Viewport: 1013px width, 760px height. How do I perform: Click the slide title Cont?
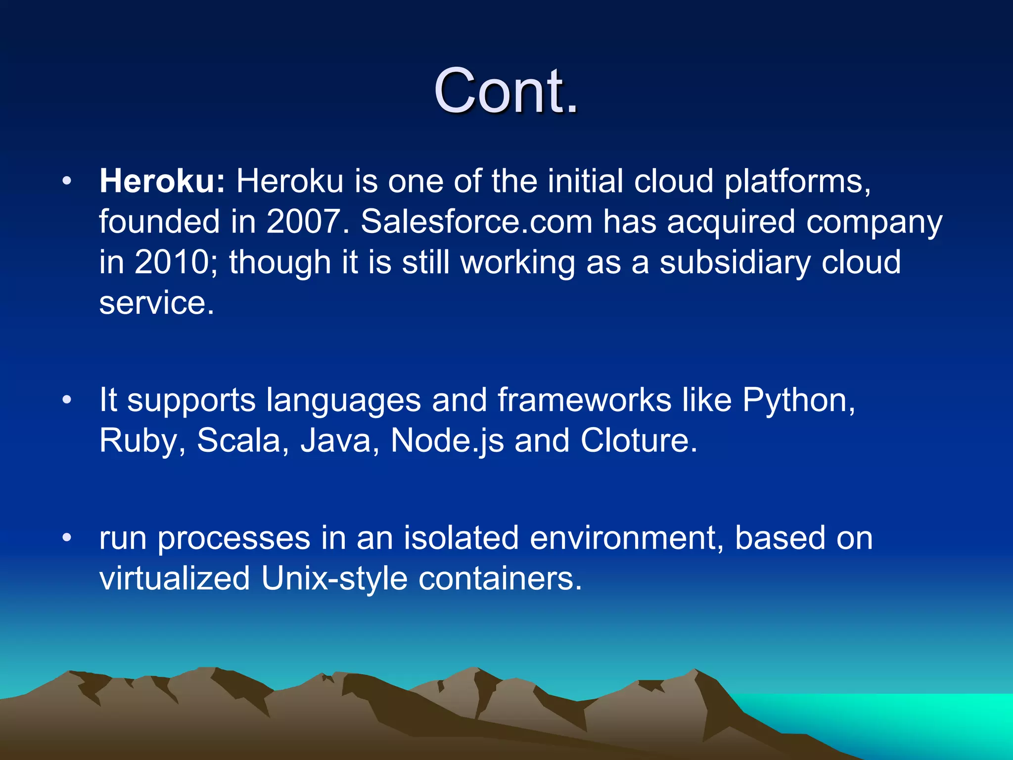(506, 91)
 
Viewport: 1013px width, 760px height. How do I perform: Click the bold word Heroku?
(162, 181)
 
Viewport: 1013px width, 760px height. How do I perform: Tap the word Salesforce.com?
(476, 222)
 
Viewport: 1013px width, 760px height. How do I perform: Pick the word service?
(156, 303)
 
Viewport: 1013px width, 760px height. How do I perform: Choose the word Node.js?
(447, 440)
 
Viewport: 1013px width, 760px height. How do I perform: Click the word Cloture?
(638, 440)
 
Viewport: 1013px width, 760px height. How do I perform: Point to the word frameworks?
(584, 400)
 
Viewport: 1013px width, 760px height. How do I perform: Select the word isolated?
(461, 538)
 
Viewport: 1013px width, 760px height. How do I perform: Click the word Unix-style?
(334, 578)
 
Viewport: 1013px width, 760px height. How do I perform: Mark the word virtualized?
(174, 578)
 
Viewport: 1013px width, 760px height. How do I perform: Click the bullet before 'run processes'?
(67, 537)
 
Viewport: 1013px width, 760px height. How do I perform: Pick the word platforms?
(797, 181)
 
